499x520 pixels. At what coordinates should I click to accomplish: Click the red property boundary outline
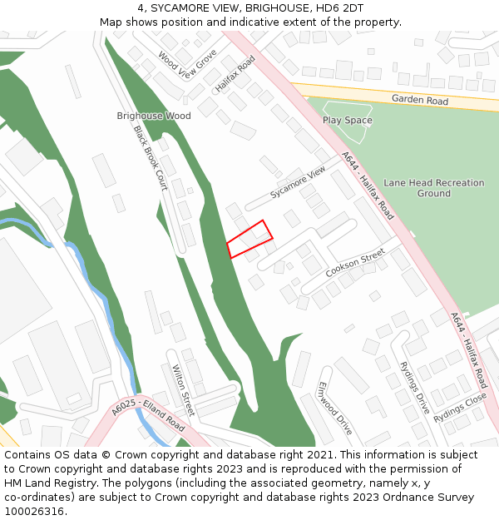[x=249, y=239]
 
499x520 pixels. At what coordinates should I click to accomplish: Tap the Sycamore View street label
[x=298, y=183]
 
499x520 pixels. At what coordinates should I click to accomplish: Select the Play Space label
[x=348, y=121]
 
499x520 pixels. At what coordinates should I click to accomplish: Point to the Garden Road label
[x=420, y=101]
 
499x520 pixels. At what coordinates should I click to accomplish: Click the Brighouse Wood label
[x=154, y=116]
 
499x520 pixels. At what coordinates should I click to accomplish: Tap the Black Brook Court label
[x=151, y=158]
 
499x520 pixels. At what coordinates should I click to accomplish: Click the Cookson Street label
[x=355, y=262]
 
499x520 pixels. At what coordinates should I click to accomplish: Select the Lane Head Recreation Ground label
[x=434, y=188]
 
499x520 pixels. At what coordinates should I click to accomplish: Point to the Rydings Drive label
[x=414, y=388]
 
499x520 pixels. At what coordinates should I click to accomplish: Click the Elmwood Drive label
[x=335, y=409]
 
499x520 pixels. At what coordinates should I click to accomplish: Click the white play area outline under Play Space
[x=347, y=125]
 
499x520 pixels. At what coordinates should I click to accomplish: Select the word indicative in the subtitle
[x=264, y=22]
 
